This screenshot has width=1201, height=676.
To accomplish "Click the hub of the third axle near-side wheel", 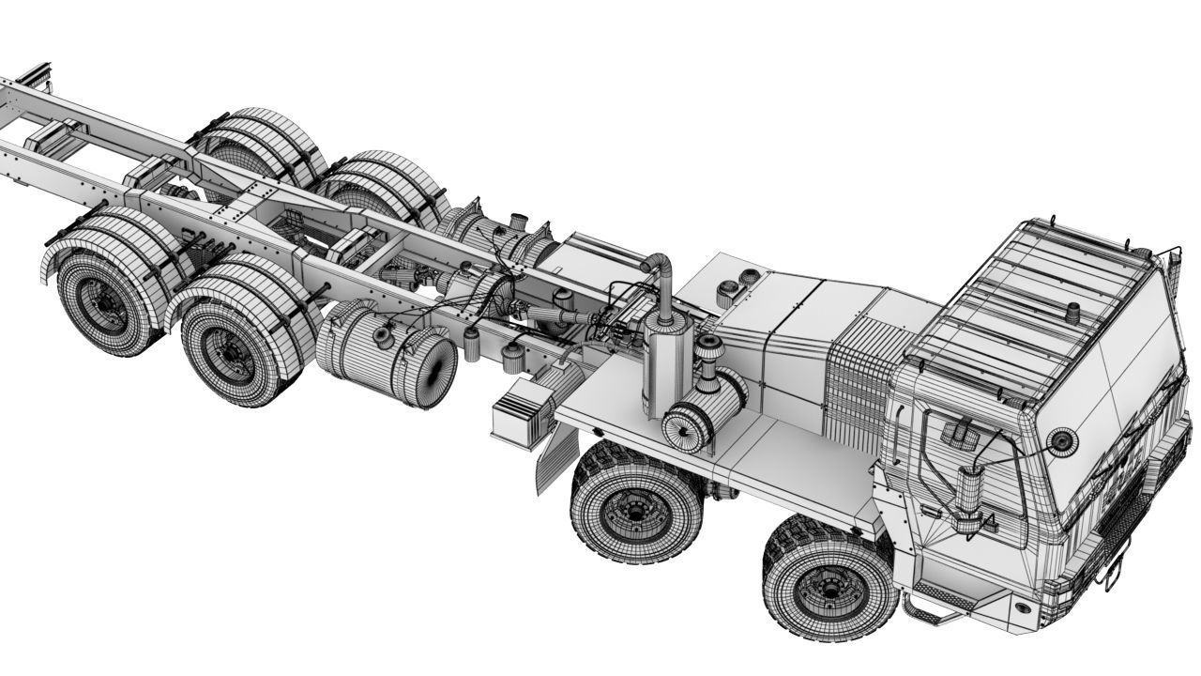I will coord(229,354).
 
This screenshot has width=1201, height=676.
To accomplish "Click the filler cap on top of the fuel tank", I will coord(385,333).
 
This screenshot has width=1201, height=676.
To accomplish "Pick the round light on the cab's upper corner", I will coord(1061,441).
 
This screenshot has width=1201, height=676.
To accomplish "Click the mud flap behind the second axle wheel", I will coord(554,460).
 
